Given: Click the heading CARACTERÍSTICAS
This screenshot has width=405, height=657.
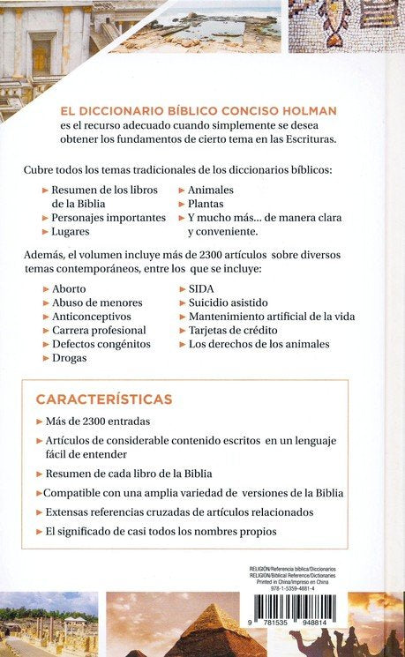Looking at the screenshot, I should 103,398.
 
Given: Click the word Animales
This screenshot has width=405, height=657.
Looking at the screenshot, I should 215,190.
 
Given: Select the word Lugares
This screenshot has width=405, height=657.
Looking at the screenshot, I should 73,231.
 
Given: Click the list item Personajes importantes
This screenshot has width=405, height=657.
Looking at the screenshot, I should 109,217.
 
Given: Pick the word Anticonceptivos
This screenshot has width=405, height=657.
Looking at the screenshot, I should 92,316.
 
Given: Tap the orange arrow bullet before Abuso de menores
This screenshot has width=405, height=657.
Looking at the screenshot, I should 46,302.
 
